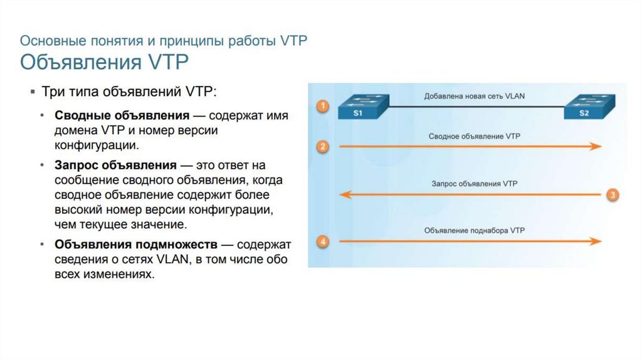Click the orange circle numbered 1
click(x=322, y=106)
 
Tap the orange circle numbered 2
click(x=322, y=147)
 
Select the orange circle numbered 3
click(x=613, y=194)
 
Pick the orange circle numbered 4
click(x=322, y=241)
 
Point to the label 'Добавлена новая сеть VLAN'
click(x=475, y=97)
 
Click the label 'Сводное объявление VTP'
click(x=475, y=136)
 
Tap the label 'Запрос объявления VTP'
click(x=475, y=184)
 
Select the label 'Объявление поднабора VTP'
click(x=475, y=231)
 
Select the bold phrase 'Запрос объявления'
click(x=115, y=166)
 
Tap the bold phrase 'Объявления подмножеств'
click(x=136, y=244)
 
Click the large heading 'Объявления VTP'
click(x=105, y=63)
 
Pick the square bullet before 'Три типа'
click(x=33, y=92)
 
